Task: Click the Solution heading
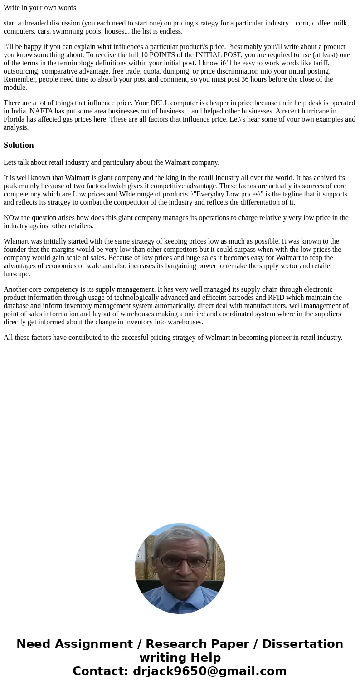click(x=19, y=145)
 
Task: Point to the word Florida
click(x=15, y=119)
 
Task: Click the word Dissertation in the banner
click(x=302, y=644)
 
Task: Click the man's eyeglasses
click(x=183, y=562)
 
